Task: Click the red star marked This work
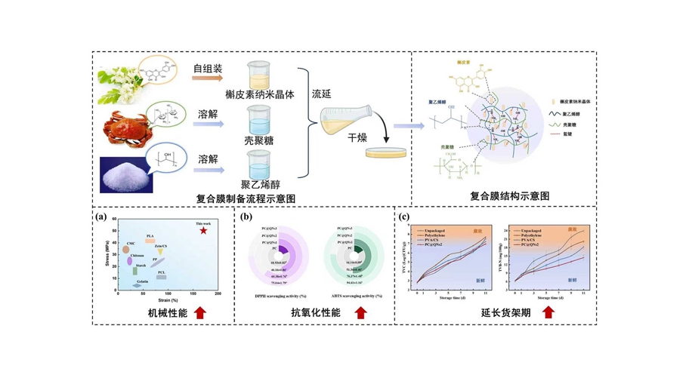pos(203,230)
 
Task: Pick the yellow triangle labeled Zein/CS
pos(161,252)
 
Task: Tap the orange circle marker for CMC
pos(125,250)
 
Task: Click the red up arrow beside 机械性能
pos(201,312)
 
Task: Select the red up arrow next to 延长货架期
pos(548,312)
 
